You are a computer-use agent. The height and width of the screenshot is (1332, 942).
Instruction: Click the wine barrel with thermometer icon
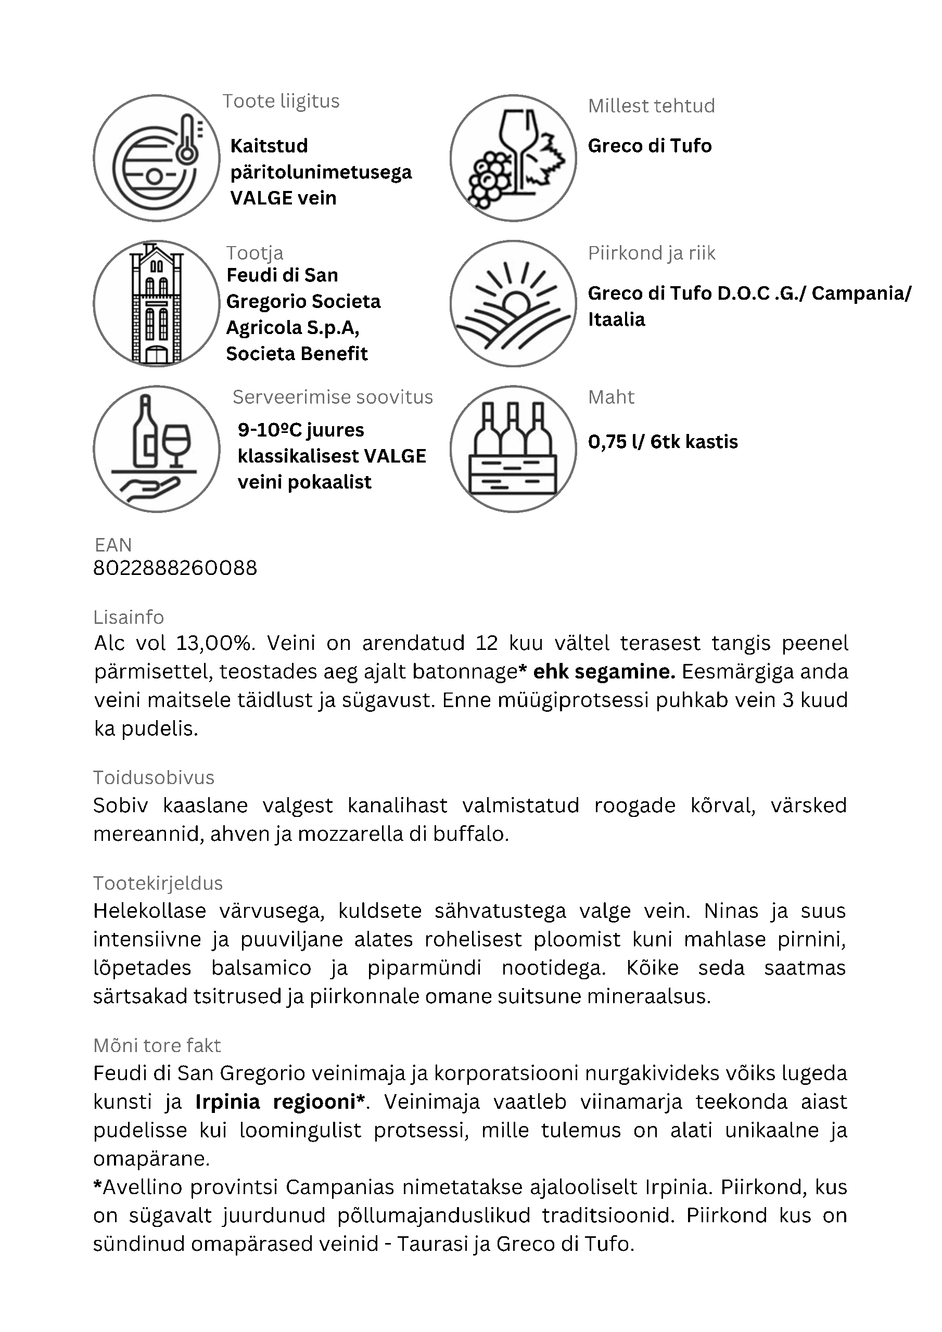click(x=156, y=158)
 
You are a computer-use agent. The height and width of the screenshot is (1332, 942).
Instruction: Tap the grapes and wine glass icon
click(x=513, y=158)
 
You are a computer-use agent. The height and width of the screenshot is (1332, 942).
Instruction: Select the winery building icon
click(x=156, y=303)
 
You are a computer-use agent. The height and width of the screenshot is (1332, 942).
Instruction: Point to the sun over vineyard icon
click(x=513, y=303)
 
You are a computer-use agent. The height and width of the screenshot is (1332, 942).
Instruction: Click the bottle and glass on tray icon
click(x=156, y=449)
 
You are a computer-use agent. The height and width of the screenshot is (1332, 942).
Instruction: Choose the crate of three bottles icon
click(x=513, y=449)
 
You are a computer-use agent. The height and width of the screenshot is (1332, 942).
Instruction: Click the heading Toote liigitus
click(x=281, y=101)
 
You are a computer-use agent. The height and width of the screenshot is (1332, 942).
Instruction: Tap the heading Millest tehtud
click(x=651, y=106)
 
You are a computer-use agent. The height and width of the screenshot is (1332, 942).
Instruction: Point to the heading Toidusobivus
click(x=154, y=777)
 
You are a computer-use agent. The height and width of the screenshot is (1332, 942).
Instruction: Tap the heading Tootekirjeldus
click(x=158, y=883)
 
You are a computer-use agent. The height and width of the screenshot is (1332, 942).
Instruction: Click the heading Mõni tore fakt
click(x=157, y=1045)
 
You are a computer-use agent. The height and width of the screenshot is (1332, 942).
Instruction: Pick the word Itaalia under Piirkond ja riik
click(x=616, y=319)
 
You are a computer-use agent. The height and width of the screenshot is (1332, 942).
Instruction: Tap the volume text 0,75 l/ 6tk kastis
click(x=663, y=442)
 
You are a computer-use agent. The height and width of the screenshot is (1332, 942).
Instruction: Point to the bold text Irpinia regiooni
click(x=280, y=1102)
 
